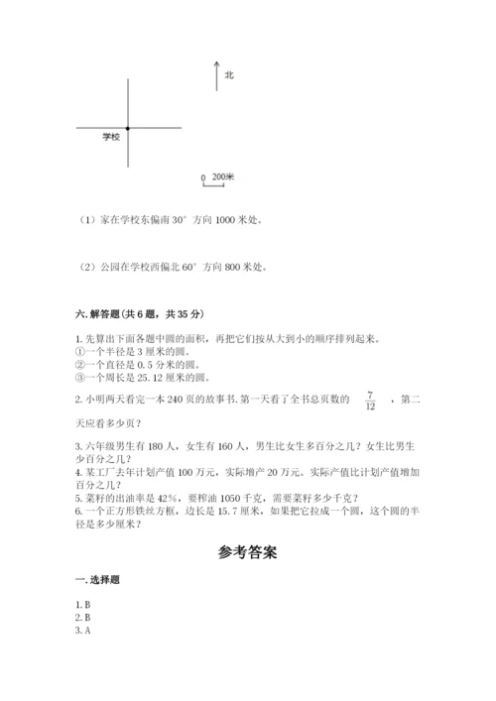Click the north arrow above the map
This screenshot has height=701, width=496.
click(x=216, y=75)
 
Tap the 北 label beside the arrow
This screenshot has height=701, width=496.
click(x=228, y=74)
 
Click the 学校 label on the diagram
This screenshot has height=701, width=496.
click(x=110, y=136)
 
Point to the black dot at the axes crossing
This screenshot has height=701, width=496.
click(x=128, y=128)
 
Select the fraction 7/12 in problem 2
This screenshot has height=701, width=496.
click(x=370, y=400)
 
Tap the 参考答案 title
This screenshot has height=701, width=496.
click(x=248, y=553)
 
